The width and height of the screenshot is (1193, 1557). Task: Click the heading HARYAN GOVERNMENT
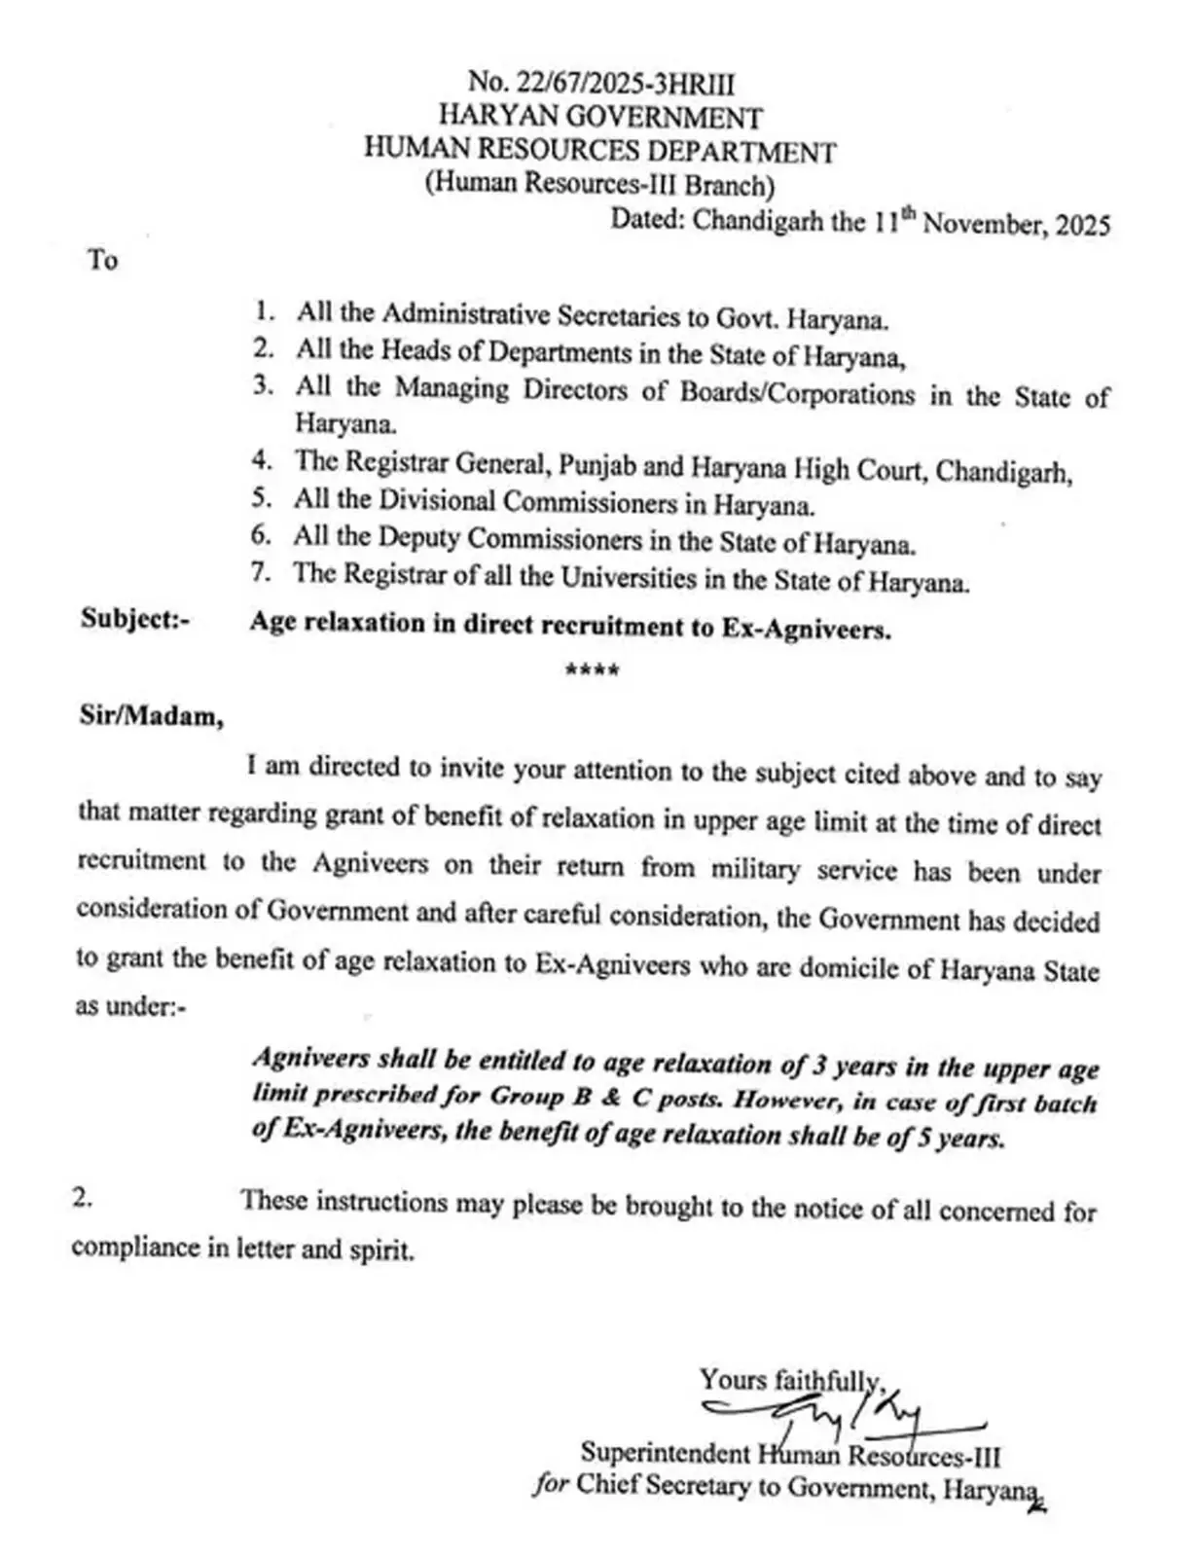tap(600, 117)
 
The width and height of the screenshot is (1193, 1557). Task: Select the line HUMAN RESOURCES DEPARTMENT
tap(599, 151)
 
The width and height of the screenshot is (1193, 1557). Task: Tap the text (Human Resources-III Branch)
tap(599, 184)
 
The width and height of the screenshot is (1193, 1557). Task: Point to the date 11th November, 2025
tap(992, 223)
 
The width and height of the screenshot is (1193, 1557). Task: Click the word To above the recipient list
tap(102, 260)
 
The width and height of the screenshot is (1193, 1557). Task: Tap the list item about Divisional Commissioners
tap(554, 503)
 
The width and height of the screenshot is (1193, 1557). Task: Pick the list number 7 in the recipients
tap(260, 572)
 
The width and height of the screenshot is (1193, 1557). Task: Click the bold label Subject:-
tap(135, 620)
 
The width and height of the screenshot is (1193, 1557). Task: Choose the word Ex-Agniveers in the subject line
tap(806, 629)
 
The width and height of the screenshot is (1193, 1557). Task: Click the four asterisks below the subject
tap(593, 670)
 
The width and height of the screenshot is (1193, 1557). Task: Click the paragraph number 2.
tap(83, 1198)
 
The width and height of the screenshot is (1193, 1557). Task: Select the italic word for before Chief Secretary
tap(550, 1486)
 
